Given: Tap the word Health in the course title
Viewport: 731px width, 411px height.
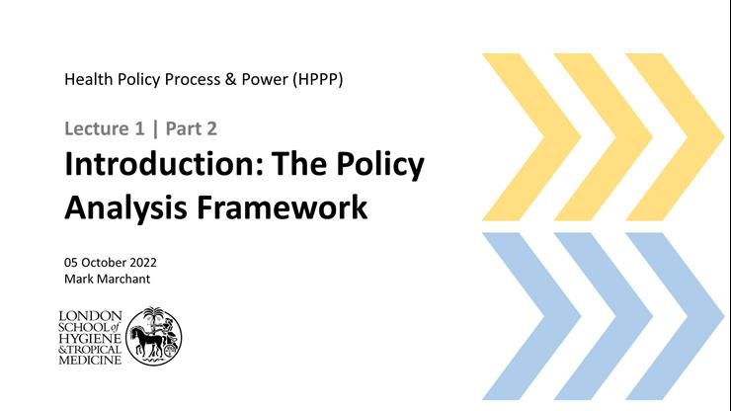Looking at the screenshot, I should coord(88,79).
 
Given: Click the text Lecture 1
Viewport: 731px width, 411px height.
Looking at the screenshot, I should coord(100,128).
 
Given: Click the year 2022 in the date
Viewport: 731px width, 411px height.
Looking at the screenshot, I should coord(139,263).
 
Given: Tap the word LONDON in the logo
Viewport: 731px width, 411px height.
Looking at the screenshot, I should coord(90,315).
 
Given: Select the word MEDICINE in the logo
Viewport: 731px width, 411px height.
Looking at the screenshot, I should coord(92,360).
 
